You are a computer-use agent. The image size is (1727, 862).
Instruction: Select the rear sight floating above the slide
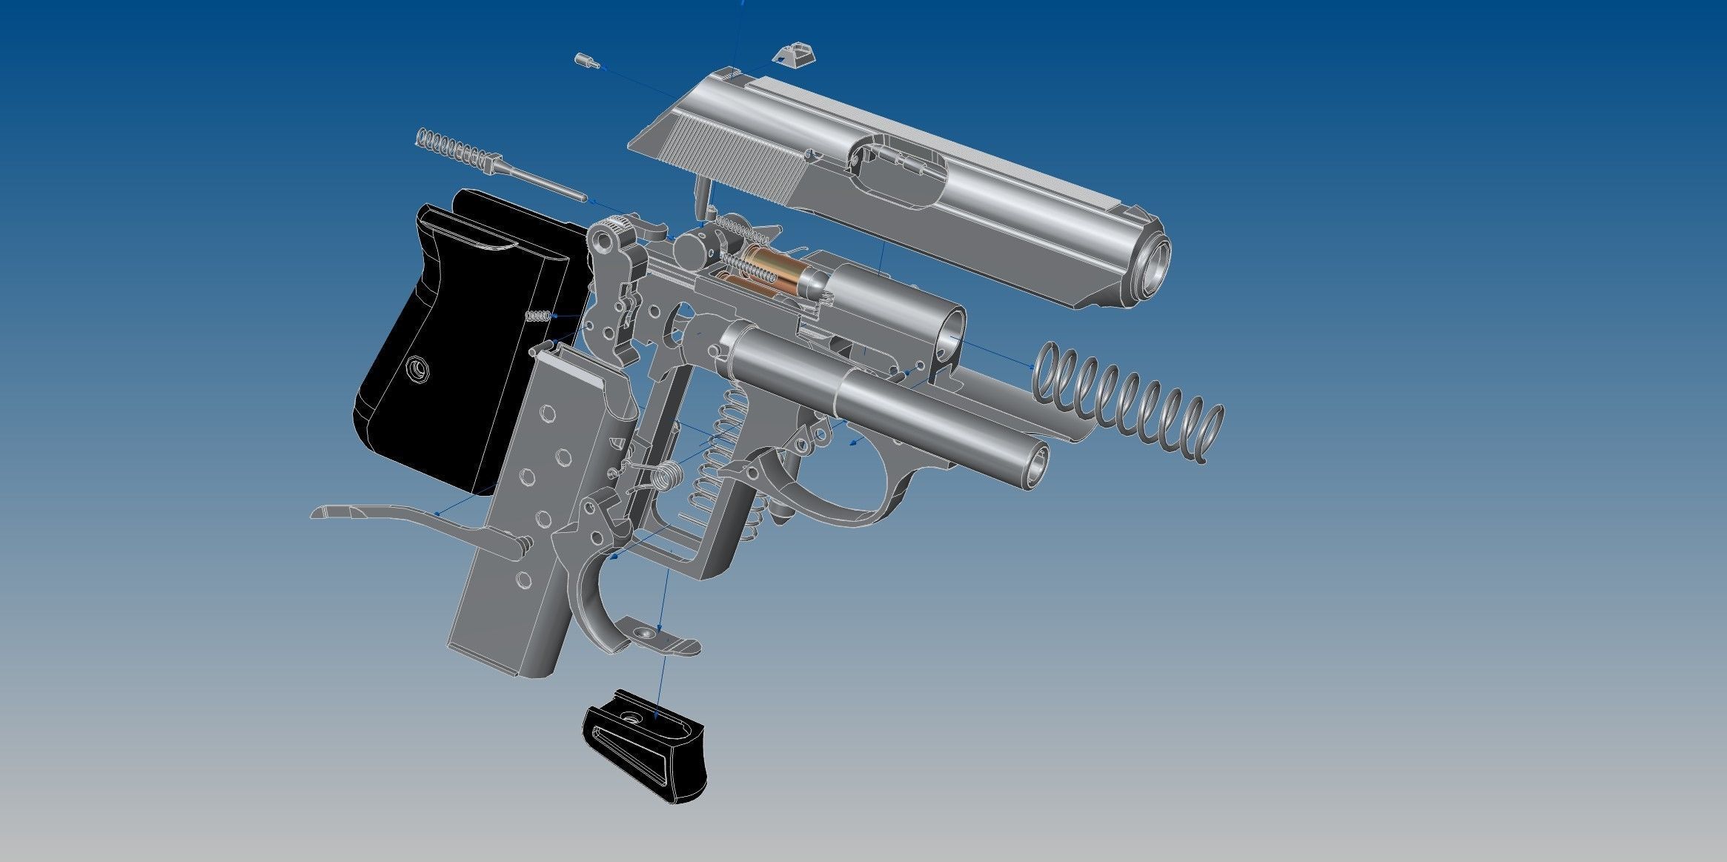[x=794, y=55]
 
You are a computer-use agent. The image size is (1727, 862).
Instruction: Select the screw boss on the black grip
[x=417, y=368]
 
